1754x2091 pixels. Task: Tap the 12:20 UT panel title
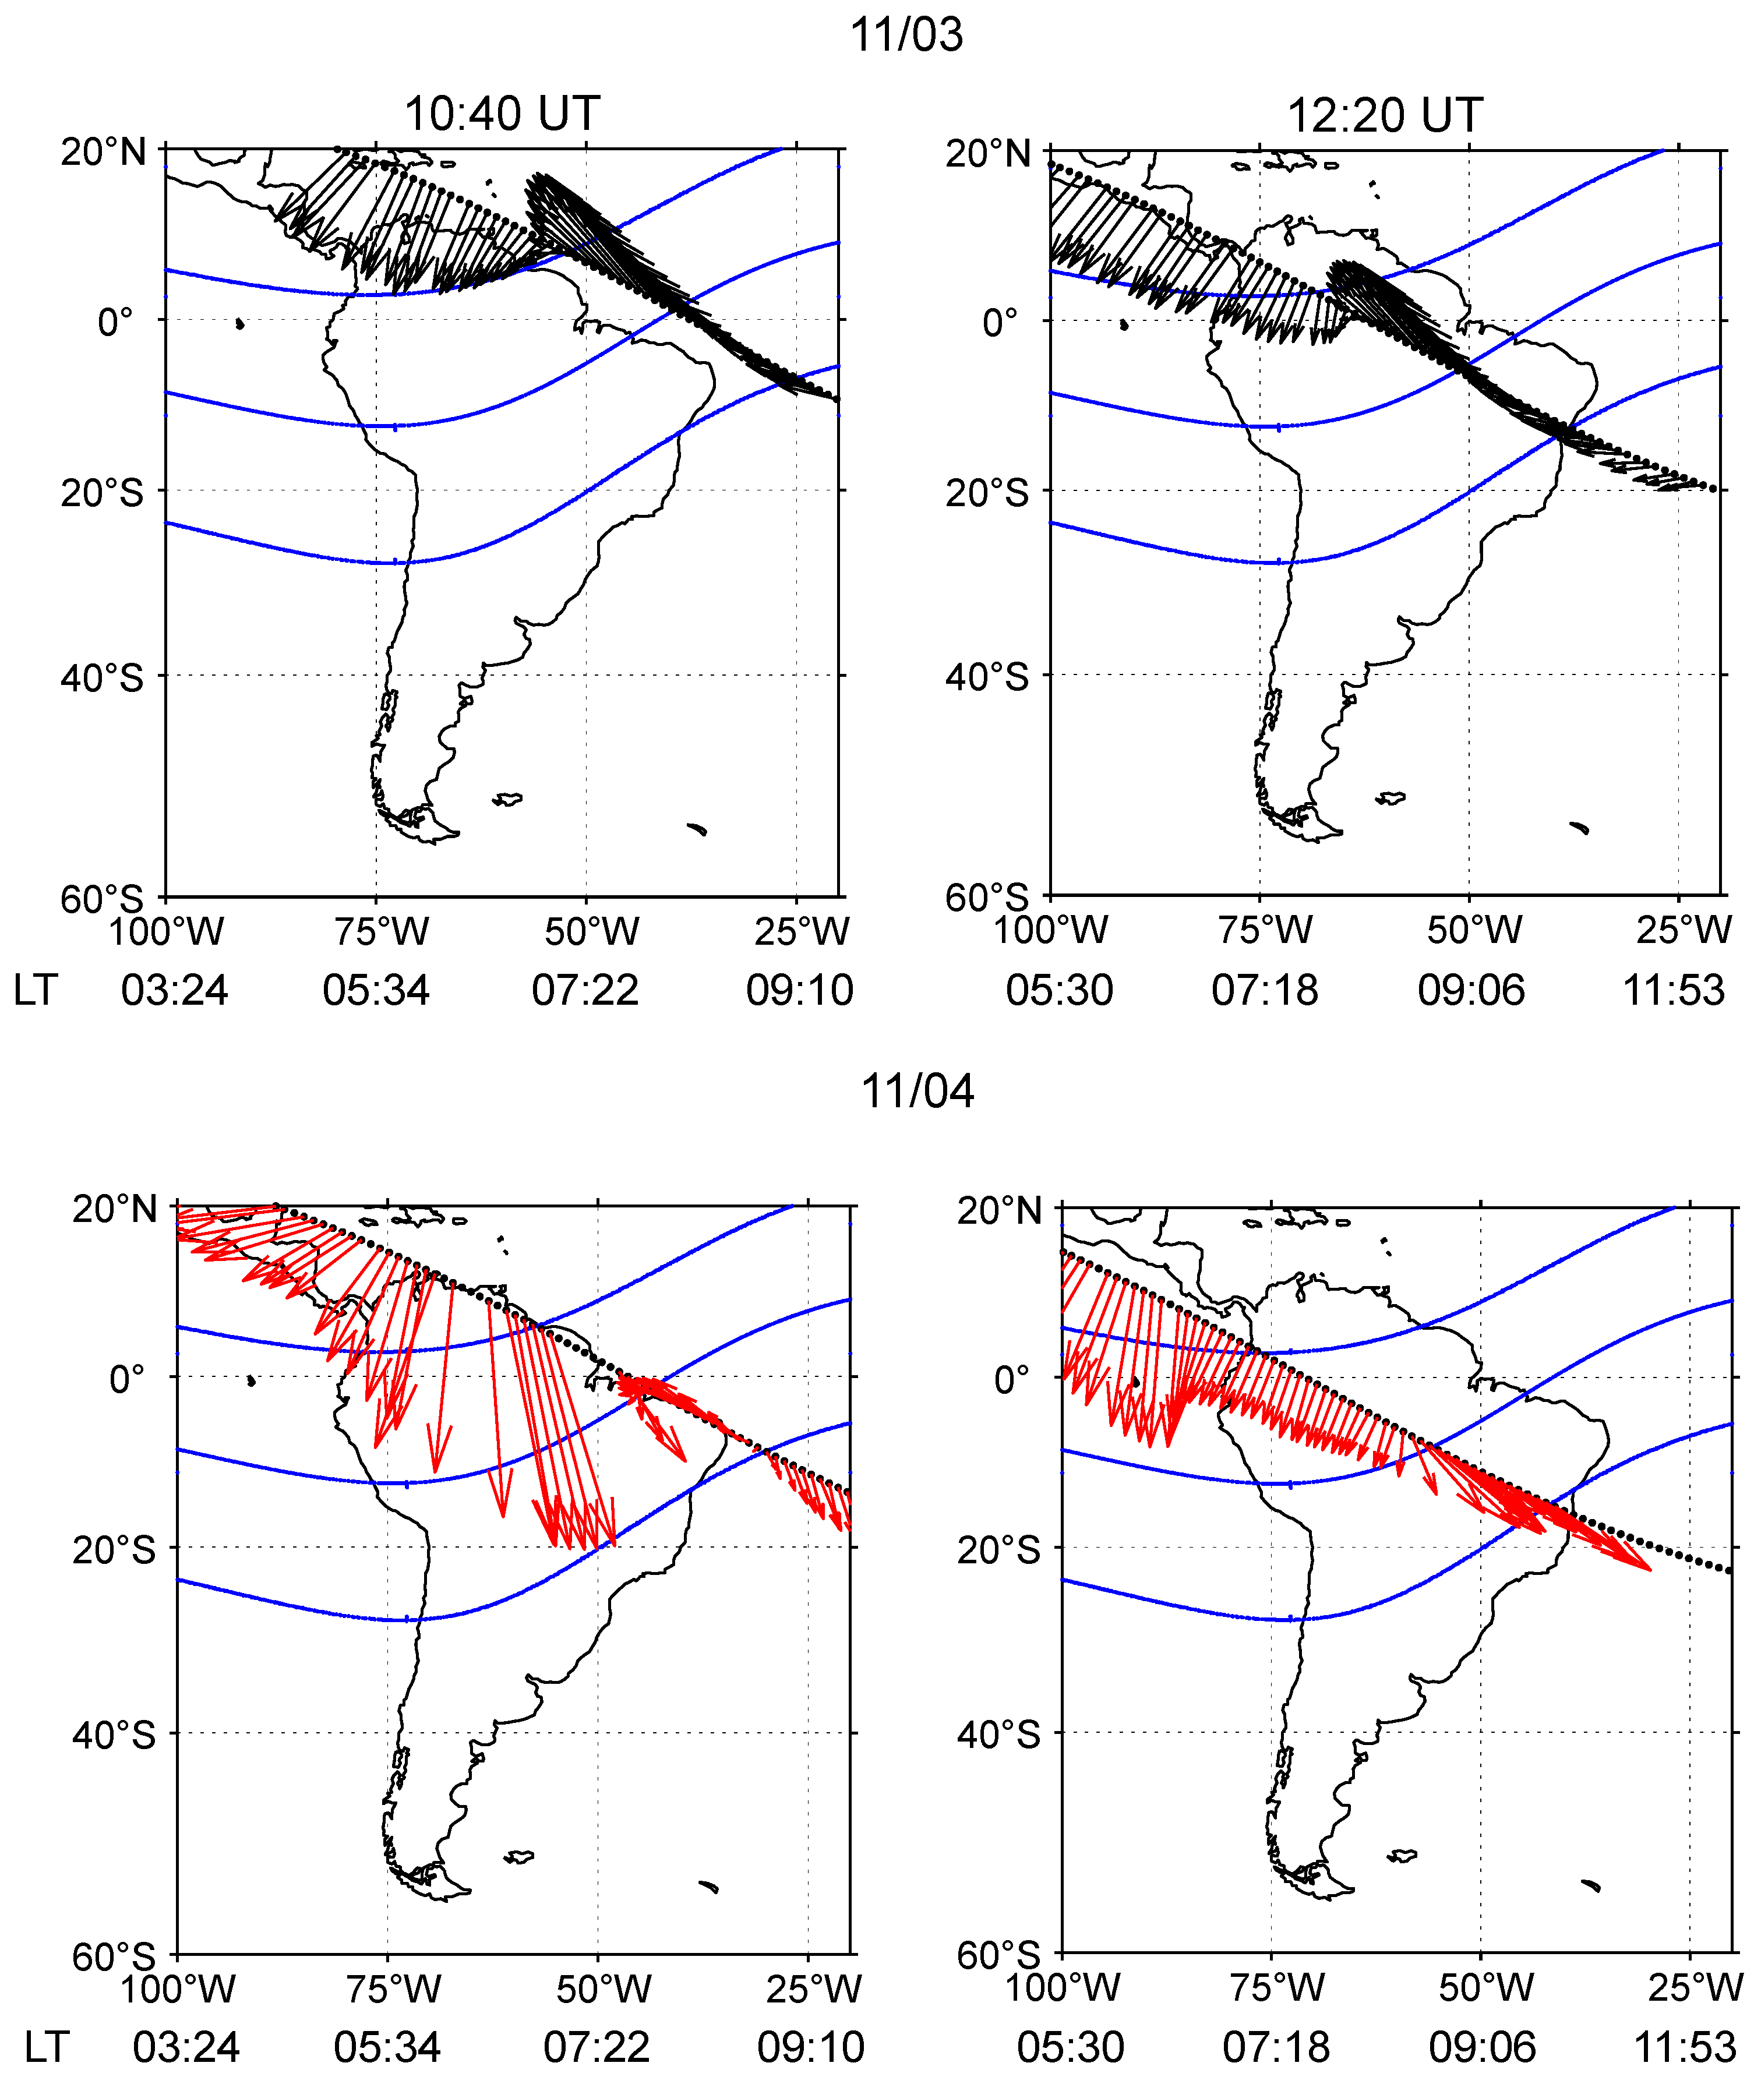pos(1385,115)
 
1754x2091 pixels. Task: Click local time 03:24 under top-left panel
pos(174,991)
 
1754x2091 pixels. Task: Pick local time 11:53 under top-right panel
pos(1674,991)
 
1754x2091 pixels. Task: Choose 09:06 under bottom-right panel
pos(1482,2048)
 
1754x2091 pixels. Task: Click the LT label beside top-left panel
pos(36,991)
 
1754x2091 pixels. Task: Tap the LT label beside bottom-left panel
pos(47,2048)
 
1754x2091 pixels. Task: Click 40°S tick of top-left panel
pos(101,678)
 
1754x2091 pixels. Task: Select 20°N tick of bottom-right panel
pos(998,1211)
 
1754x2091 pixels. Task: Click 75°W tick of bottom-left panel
pos(393,1990)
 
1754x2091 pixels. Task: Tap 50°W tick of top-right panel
pos(1474,930)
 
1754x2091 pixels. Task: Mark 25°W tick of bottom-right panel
pos(1694,1987)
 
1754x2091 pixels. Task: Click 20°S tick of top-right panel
pos(986,492)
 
